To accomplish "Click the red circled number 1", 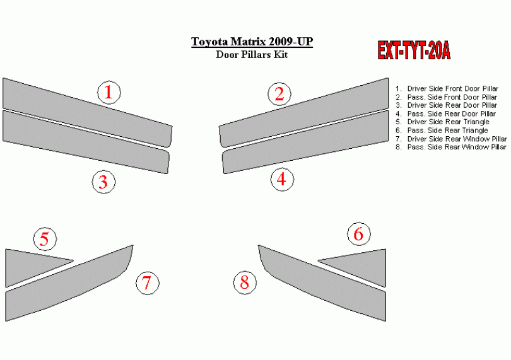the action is [x=109, y=93].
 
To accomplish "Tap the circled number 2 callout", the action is [x=279, y=94].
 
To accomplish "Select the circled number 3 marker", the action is [x=103, y=182].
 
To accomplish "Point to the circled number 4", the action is [x=282, y=179].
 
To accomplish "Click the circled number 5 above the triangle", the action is [x=45, y=239].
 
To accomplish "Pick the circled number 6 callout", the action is [x=359, y=234].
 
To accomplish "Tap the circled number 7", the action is [x=148, y=283].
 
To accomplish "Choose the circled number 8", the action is [x=245, y=282].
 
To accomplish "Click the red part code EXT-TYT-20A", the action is [x=414, y=50].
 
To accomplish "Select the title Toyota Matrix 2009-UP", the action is [x=252, y=42].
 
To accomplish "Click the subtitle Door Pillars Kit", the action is [x=252, y=54].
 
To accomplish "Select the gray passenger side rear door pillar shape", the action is [x=305, y=142].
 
